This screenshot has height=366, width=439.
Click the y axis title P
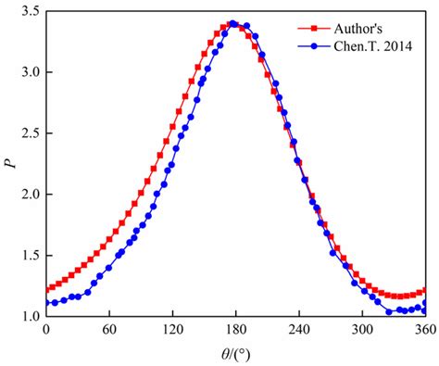pyautogui.click(x=10, y=164)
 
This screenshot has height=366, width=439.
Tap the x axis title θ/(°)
pyautogui.click(x=234, y=353)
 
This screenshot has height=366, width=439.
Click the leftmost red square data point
pyautogui.click(x=45, y=290)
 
